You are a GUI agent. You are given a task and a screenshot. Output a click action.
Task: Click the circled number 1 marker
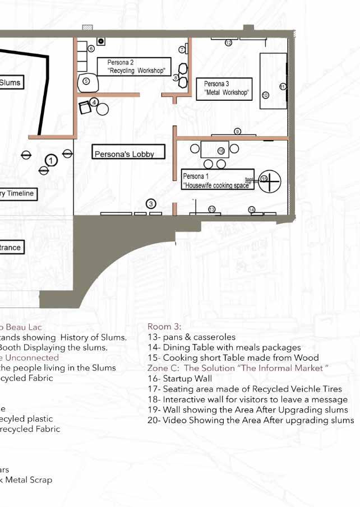coord(51,161)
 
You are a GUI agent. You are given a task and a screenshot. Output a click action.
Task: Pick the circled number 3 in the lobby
coord(151,203)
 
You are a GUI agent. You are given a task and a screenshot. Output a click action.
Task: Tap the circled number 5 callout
coord(86,81)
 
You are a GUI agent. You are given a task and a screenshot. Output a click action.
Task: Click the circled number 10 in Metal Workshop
coord(265,95)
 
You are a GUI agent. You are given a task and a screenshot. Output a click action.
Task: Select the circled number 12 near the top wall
coord(228,43)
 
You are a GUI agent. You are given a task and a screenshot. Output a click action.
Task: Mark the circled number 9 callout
coord(237,131)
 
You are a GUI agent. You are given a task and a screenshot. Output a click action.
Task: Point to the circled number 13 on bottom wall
coord(211,209)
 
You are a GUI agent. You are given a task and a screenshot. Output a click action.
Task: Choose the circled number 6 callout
coord(91,49)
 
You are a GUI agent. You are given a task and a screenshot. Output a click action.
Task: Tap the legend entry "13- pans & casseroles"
coord(191,337)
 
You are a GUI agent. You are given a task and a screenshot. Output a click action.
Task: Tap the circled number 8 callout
coord(176,77)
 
